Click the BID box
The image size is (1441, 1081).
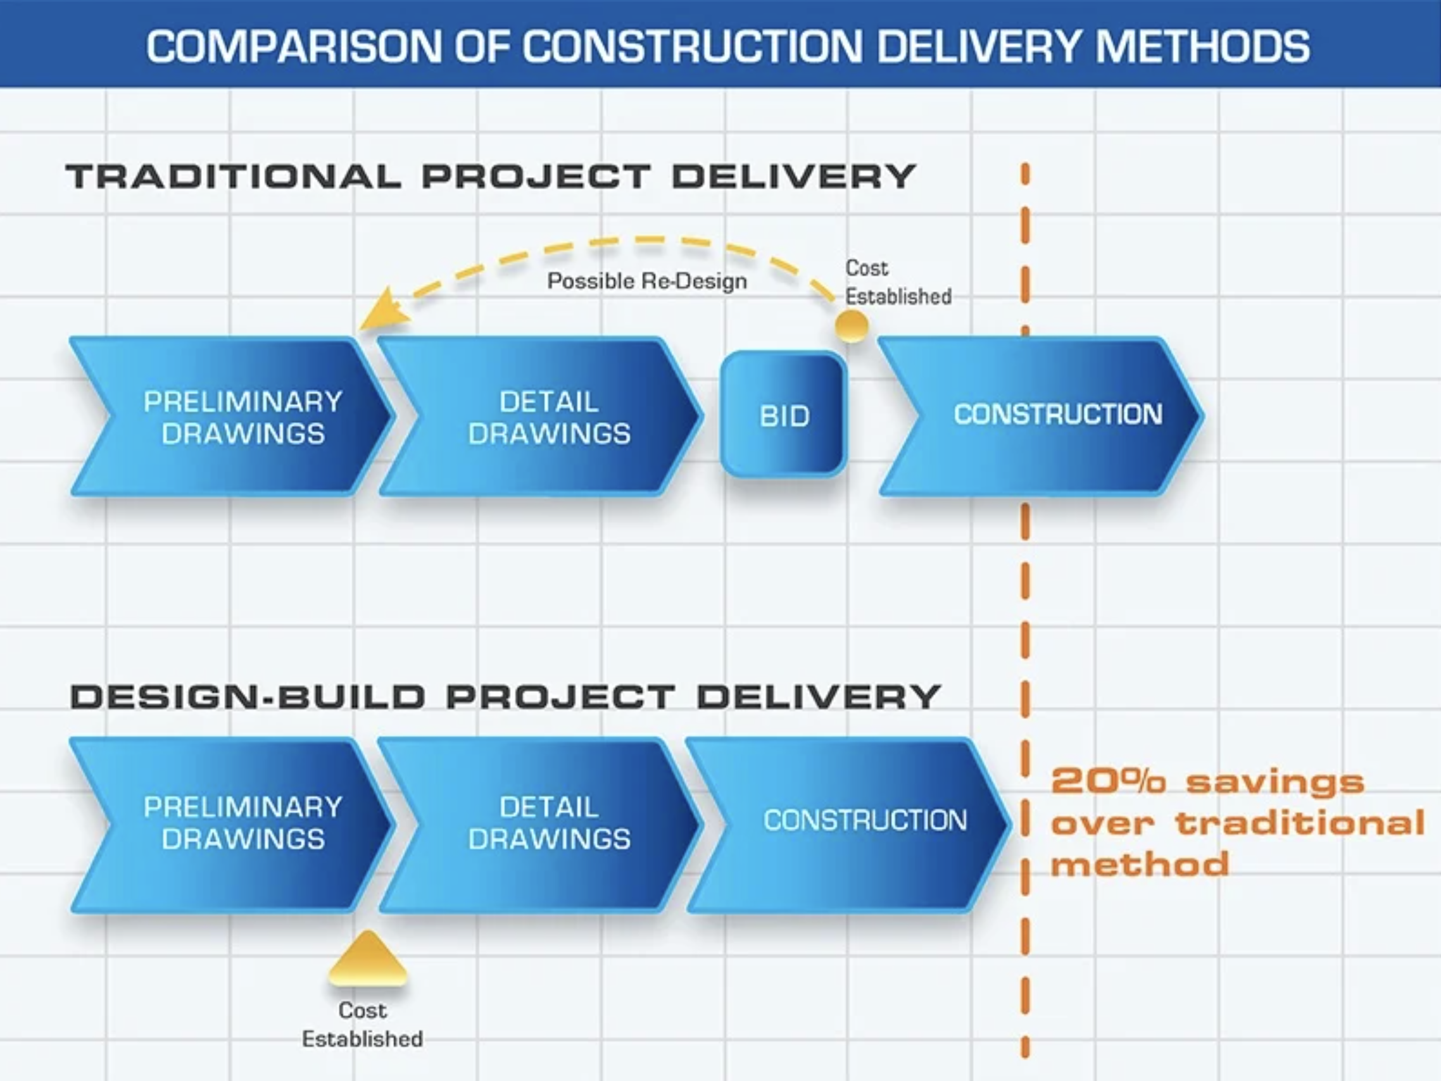tap(783, 415)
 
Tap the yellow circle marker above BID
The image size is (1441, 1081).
tap(852, 325)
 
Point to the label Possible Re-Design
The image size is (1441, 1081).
tap(647, 280)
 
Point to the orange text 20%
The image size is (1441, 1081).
tap(1107, 782)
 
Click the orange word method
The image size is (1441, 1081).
tap(1140, 865)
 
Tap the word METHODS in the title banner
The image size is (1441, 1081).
tap(1202, 46)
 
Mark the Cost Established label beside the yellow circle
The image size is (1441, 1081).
tap(898, 282)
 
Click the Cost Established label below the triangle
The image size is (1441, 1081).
tap(362, 1024)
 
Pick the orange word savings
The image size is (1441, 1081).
tap(1274, 782)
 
